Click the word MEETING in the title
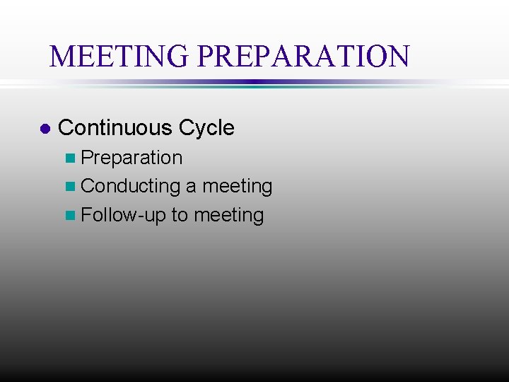pos(120,56)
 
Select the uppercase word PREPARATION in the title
pos(303,56)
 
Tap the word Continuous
pos(115,128)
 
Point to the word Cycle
pos(206,128)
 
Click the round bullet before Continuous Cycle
pos(45,129)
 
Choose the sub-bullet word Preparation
pos(131,158)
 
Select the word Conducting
pos(131,187)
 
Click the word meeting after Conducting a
pos(237,187)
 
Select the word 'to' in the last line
pos(179,216)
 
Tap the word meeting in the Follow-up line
pos(228,216)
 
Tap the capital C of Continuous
pos(66,128)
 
